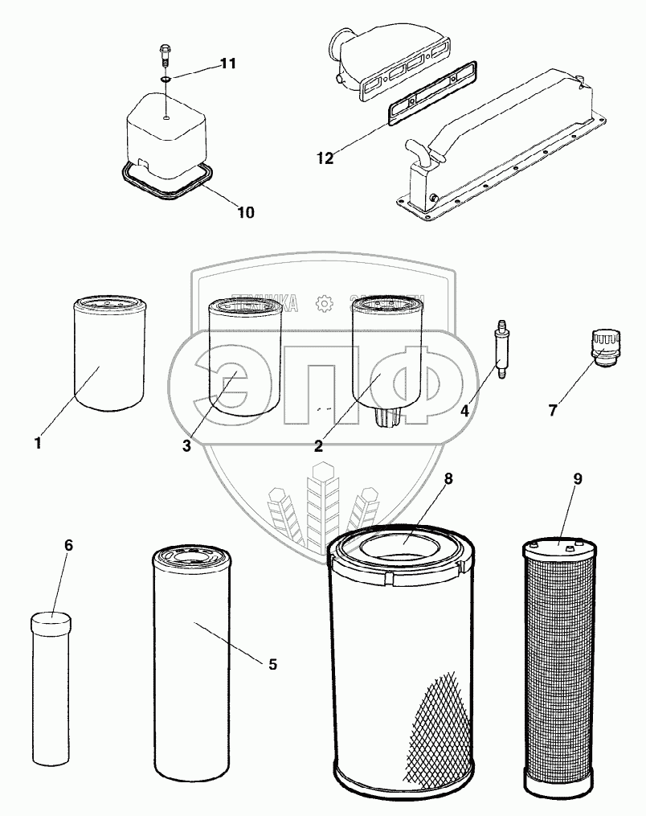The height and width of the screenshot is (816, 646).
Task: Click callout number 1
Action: tap(37, 442)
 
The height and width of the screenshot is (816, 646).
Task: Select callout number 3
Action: tap(186, 445)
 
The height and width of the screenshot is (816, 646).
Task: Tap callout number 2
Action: tap(319, 445)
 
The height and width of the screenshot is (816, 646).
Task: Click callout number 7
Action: tap(553, 411)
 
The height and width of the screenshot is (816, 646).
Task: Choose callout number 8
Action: tap(448, 479)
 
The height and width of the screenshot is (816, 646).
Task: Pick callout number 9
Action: tap(578, 479)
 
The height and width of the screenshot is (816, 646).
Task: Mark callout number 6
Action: tap(68, 545)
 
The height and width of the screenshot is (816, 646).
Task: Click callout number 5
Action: tap(272, 664)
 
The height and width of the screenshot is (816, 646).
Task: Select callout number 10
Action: tap(246, 212)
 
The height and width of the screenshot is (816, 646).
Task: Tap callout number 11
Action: tap(228, 64)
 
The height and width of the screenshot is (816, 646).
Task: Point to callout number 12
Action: tap(324, 158)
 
